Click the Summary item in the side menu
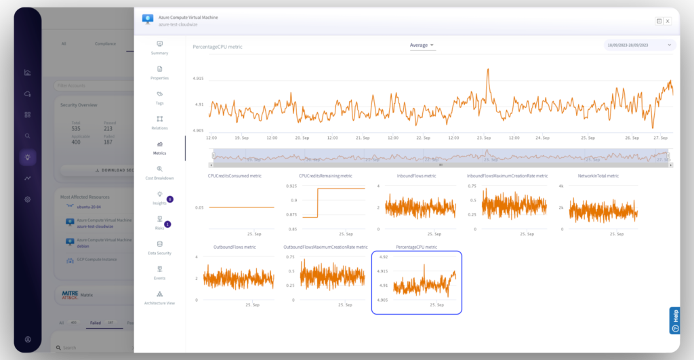click(x=159, y=47)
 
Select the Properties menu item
click(x=159, y=72)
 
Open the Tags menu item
click(x=159, y=97)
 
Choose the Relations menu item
click(x=159, y=122)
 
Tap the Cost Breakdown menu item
click(x=159, y=172)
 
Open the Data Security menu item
click(x=159, y=247)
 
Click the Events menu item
click(x=159, y=273)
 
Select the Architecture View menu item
click(x=159, y=298)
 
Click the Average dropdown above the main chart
click(x=422, y=45)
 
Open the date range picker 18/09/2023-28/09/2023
click(x=640, y=45)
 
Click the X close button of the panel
click(x=668, y=21)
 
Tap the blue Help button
click(x=674, y=321)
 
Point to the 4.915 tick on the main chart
click(x=199, y=79)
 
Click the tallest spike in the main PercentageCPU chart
click(x=488, y=70)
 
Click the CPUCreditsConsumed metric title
click(x=234, y=176)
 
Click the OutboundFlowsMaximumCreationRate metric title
click(x=326, y=247)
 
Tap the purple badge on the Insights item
click(x=169, y=199)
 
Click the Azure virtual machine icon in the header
click(x=148, y=19)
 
